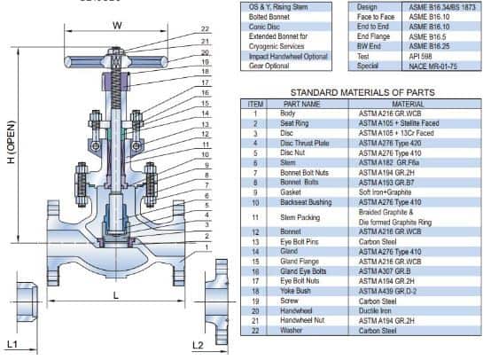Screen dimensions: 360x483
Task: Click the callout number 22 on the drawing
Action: tap(205, 29)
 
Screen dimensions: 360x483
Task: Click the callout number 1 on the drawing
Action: tap(205, 247)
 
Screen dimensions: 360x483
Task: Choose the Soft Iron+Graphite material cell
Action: tap(389, 192)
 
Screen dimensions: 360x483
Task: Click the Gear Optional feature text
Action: tap(271, 65)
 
